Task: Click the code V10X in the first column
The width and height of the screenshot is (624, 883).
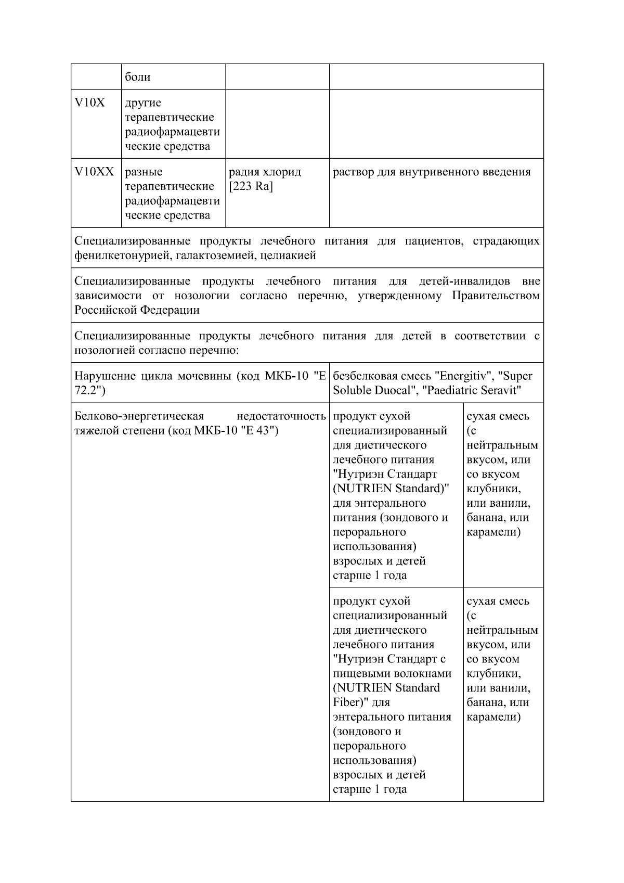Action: [89, 103]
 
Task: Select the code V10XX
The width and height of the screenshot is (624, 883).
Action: [94, 172]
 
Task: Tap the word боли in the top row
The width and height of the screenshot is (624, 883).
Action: [138, 77]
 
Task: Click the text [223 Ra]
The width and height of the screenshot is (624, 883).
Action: [251, 186]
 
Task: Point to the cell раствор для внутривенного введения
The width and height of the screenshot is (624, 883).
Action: [431, 172]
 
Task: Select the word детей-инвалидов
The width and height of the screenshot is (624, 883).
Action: [464, 281]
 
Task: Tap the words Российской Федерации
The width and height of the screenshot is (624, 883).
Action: [137, 310]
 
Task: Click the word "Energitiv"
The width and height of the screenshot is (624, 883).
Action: [464, 376]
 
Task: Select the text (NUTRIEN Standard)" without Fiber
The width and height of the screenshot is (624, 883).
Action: [391, 489]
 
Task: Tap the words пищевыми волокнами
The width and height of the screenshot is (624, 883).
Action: [392, 673]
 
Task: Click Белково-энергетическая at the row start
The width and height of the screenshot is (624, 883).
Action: [139, 416]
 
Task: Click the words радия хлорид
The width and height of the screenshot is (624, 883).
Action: [265, 172]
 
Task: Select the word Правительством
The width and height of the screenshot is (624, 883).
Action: [496, 296]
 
